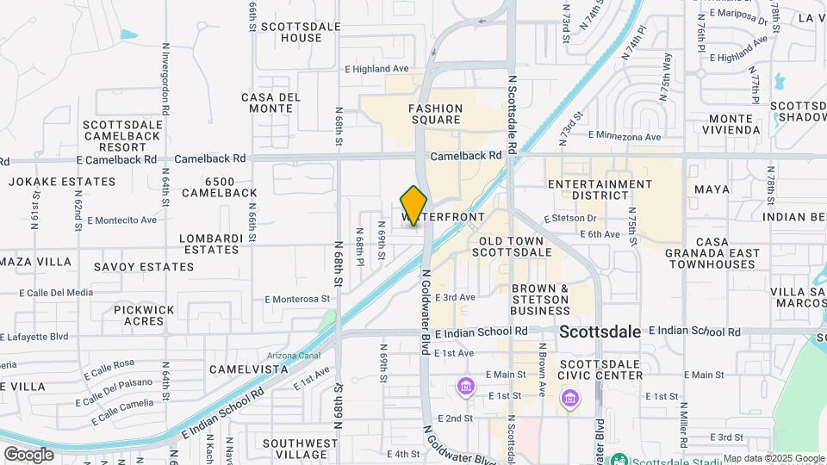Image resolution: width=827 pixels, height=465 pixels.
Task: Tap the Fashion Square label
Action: [x=435, y=115]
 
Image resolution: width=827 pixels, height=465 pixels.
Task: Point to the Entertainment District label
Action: [x=600, y=190]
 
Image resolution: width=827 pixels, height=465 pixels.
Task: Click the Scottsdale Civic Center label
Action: [x=600, y=369]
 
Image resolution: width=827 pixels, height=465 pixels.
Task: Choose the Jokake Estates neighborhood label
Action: [x=62, y=182]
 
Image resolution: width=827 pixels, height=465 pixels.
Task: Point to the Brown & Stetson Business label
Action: [x=540, y=299]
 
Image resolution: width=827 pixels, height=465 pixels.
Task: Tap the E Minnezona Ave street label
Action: [x=625, y=135]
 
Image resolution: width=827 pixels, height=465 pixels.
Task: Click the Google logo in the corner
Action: [x=28, y=454]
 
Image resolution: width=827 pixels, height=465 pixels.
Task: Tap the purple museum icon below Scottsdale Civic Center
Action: [x=569, y=399]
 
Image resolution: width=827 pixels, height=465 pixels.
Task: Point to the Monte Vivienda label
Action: [x=735, y=124]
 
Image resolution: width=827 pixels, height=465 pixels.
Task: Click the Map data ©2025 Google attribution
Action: [x=774, y=458]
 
